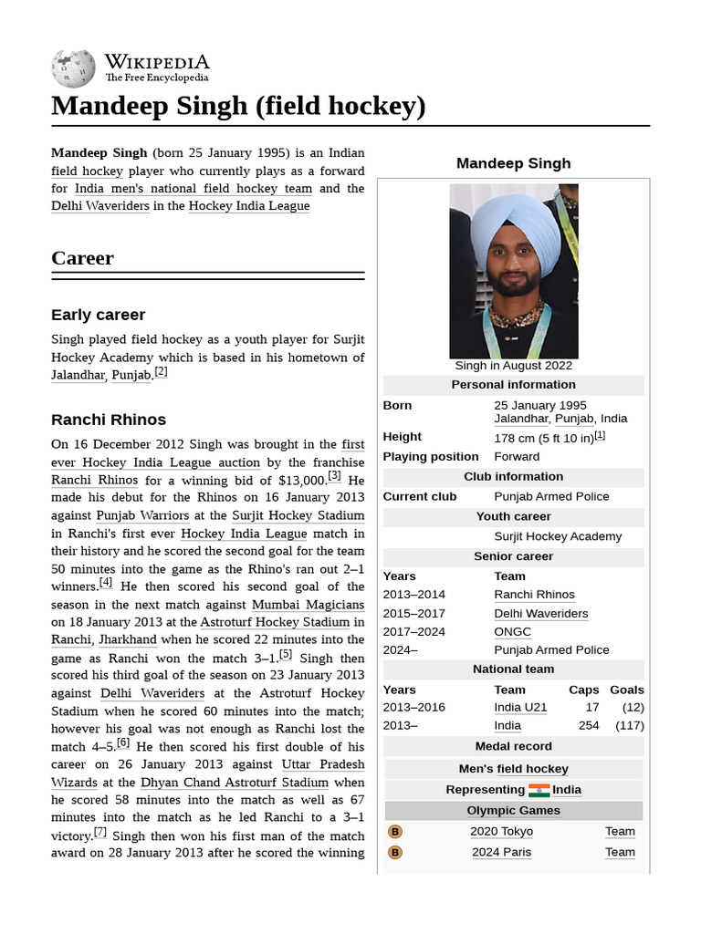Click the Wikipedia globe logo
pyautogui.click(x=74, y=68)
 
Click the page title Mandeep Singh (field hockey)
pyautogui.click(x=238, y=106)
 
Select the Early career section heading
pyautogui.click(x=98, y=315)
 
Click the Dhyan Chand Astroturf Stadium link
pyautogui.click(x=235, y=783)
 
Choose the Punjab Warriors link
pyautogui.click(x=142, y=515)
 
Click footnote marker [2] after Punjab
pyautogui.click(x=161, y=372)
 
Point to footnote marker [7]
pyautogui.click(x=100, y=833)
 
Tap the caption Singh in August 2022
pyautogui.click(x=514, y=366)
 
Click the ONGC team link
pyautogui.click(x=512, y=631)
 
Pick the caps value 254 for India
pyautogui.click(x=588, y=726)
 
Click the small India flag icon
pyautogui.click(x=539, y=790)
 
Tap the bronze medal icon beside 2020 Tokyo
pyautogui.click(x=395, y=832)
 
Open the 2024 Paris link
pyautogui.click(x=501, y=852)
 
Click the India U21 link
pyautogui.click(x=520, y=707)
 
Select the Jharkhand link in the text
pyautogui.click(x=128, y=640)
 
